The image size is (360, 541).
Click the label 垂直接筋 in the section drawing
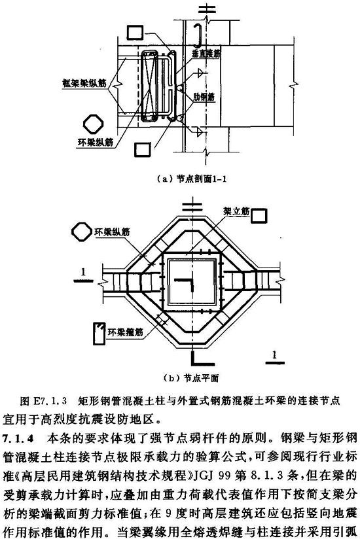(207, 52)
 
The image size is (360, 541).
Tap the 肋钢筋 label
(204, 97)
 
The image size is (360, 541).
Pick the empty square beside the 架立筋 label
(259, 217)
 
